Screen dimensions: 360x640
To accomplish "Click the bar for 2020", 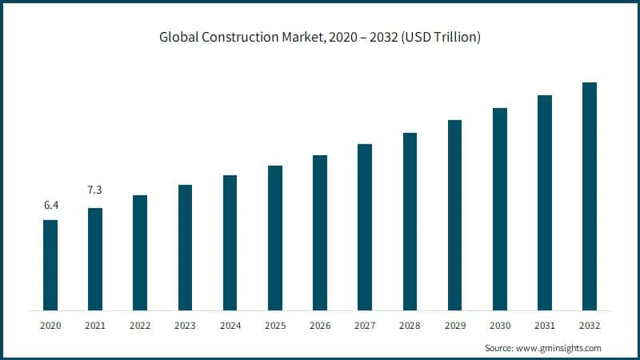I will click(x=50, y=265).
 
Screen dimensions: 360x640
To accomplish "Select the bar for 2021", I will click(x=95, y=258).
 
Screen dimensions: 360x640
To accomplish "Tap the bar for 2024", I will click(x=230, y=242).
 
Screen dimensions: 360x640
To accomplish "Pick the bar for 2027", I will click(x=365, y=227).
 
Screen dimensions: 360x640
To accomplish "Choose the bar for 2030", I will click(x=500, y=209).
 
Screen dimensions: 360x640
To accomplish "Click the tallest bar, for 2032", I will click(x=590, y=196).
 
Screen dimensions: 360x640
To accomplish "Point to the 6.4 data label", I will click(x=50, y=206).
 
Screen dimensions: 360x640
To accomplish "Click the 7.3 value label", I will click(x=95, y=190).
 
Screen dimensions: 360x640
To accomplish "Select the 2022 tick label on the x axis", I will click(x=140, y=326).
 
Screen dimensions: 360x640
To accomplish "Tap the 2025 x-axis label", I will click(x=275, y=326).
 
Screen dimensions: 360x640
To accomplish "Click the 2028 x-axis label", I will click(x=410, y=326).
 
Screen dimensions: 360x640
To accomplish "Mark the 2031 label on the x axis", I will click(x=545, y=326).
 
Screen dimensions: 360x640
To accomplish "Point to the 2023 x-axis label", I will click(x=185, y=326).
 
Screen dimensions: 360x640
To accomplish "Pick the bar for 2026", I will click(x=320, y=233).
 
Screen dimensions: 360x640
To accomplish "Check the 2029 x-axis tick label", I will click(x=454, y=326).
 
